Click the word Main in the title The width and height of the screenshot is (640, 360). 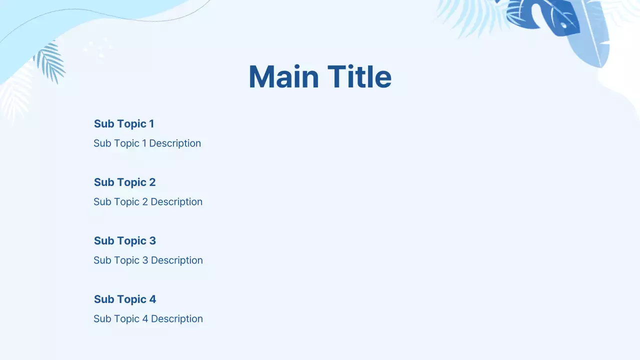click(x=283, y=77)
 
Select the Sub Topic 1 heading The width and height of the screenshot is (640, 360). click(x=124, y=123)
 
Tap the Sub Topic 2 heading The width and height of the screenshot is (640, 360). click(x=124, y=182)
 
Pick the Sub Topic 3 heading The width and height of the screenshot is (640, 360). click(x=124, y=240)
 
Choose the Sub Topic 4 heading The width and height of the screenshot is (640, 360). click(x=124, y=299)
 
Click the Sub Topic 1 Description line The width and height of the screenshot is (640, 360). click(x=147, y=143)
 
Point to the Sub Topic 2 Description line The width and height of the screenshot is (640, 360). click(x=148, y=201)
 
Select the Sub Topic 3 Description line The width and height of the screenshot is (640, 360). click(x=148, y=260)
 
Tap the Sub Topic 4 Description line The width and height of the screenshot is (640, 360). click(x=148, y=318)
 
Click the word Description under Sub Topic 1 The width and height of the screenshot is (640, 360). click(x=175, y=143)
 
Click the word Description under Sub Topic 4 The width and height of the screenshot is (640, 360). click(x=177, y=318)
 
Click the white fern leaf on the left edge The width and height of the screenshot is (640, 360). click(x=15, y=100)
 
